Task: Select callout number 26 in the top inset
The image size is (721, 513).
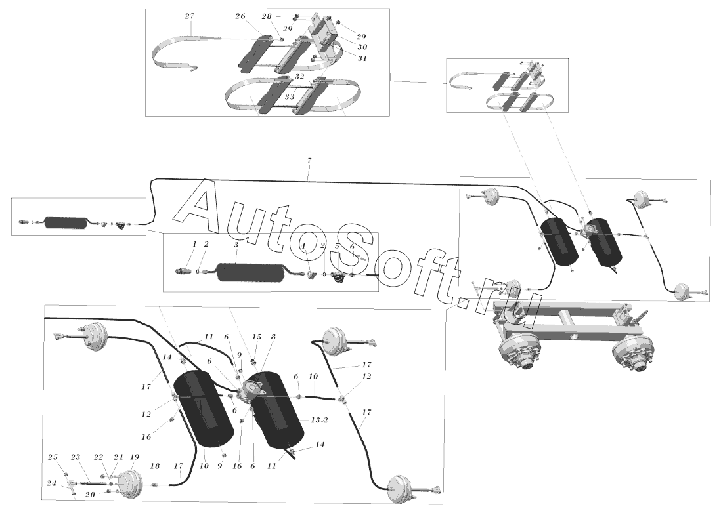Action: click(x=240, y=17)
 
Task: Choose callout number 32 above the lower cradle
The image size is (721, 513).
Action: click(x=299, y=77)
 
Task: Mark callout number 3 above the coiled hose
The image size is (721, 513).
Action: click(x=236, y=245)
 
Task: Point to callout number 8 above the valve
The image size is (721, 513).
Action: click(x=273, y=337)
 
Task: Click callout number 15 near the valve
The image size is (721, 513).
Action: click(x=256, y=337)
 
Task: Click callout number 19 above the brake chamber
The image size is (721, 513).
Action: click(x=135, y=457)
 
